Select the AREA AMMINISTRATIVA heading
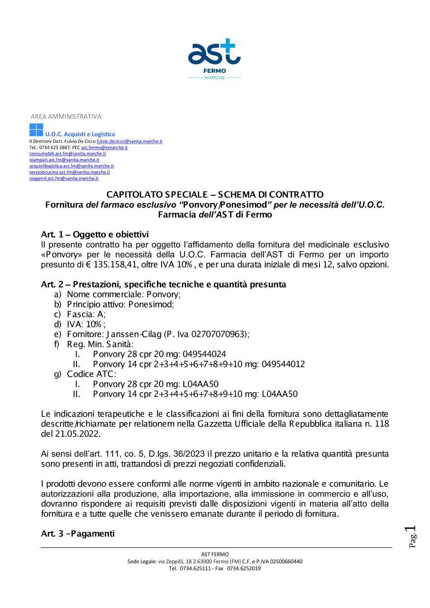pos(66,117)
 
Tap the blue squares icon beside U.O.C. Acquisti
pos(36,130)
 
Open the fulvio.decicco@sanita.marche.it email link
pos(129,141)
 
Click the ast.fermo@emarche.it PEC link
pos(104,147)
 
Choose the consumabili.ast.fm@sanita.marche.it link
pos(68,154)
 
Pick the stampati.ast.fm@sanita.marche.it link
pos(64,160)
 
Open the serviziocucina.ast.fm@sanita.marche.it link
pos(70,172)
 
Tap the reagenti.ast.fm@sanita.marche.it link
pos(64,178)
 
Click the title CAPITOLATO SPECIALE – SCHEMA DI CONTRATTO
pos(215,195)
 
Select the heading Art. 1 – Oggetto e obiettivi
pos(95,234)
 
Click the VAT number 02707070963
pos(219,334)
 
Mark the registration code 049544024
pos(204,354)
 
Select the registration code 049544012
pos(283,364)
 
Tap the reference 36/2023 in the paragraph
pos(189,454)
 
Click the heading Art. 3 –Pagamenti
pos(78,534)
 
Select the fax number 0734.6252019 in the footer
pos(244,568)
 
